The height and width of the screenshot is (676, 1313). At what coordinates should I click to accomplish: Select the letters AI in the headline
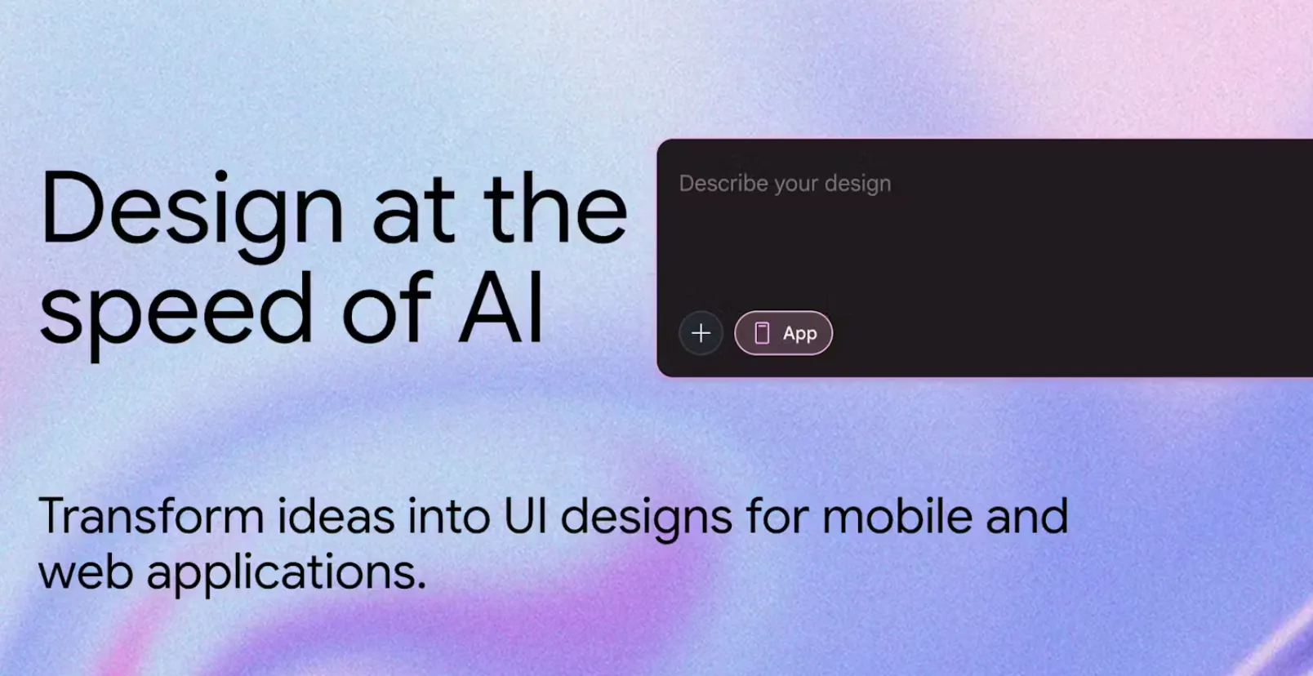click(501, 308)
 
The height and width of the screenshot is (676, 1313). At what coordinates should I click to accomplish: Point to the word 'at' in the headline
click(413, 213)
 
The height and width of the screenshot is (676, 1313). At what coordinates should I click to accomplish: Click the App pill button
click(783, 333)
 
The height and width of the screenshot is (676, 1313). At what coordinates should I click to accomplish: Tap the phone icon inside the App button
click(761, 333)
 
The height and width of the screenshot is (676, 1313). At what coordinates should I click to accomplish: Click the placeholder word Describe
click(723, 183)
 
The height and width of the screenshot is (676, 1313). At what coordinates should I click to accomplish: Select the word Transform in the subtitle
click(151, 516)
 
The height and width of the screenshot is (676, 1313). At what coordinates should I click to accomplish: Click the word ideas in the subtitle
click(336, 516)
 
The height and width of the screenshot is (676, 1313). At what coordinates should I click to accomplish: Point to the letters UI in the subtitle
click(525, 517)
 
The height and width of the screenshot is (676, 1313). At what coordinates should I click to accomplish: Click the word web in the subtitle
click(86, 572)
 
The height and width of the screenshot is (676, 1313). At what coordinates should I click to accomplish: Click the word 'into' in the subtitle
click(448, 516)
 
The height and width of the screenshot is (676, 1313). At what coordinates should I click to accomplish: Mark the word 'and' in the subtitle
click(1027, 516)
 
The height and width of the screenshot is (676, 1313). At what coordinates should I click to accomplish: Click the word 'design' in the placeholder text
click(857, 185)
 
